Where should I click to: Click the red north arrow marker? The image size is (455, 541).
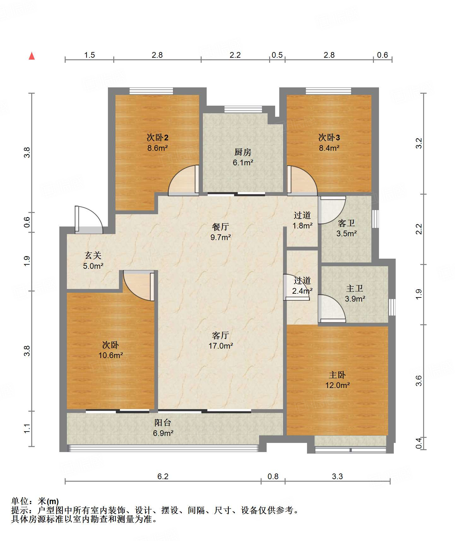(x=32, y=56)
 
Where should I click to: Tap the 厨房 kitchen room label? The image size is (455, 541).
(x=243, y=152)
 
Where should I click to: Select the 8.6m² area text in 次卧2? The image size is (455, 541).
(x=157, y=148)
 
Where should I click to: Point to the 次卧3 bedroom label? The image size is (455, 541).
(x=329, y=137)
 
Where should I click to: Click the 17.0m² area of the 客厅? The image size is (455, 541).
(x=221, y=346)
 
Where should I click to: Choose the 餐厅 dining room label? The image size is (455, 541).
(x=221, y=227)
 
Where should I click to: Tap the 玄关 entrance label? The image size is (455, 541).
(x=93, y=255)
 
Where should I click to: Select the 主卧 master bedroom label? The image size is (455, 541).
(x=337, y=375)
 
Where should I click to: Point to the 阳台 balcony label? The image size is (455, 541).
(x=163, y=423)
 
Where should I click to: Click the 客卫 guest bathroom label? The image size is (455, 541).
(x=346, y=223)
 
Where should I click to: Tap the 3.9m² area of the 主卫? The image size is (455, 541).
(x=355, y=299)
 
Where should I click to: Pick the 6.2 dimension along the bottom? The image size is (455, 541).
(x=163, y=476)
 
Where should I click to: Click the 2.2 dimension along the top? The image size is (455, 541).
(x=235, y=55)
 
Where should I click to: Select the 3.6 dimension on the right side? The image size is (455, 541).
(x=419, y=380)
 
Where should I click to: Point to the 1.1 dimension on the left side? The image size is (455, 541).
(x=27, y=428)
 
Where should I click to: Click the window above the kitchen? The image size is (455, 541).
(x=243, y=109)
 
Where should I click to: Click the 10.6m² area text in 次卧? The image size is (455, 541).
(x=110, y=355)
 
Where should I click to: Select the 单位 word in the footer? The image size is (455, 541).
(x=20, y=501)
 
